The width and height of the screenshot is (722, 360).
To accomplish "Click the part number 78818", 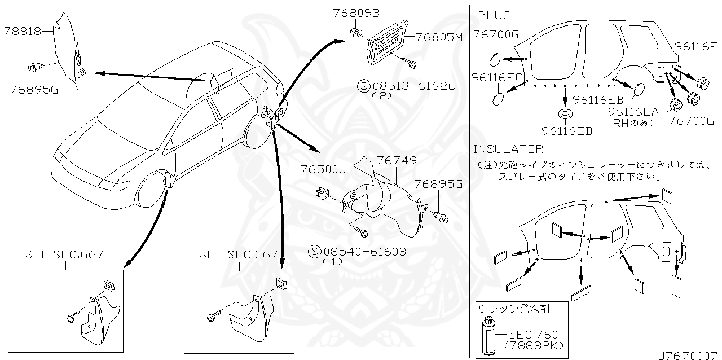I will [23, 32].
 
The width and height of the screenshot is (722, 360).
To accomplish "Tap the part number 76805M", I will [439, 37].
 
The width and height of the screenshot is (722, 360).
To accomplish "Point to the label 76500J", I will [323, 169].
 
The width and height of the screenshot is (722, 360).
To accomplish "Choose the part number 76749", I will [398, 161].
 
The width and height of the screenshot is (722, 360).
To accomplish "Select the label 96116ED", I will [567, 131].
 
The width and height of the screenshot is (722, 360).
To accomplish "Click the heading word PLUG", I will [494, 15].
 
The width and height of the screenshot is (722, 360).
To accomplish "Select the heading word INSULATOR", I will [508, 149].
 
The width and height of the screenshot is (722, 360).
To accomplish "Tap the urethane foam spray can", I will [487, 337].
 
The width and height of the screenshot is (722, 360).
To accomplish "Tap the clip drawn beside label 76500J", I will [322, 193].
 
